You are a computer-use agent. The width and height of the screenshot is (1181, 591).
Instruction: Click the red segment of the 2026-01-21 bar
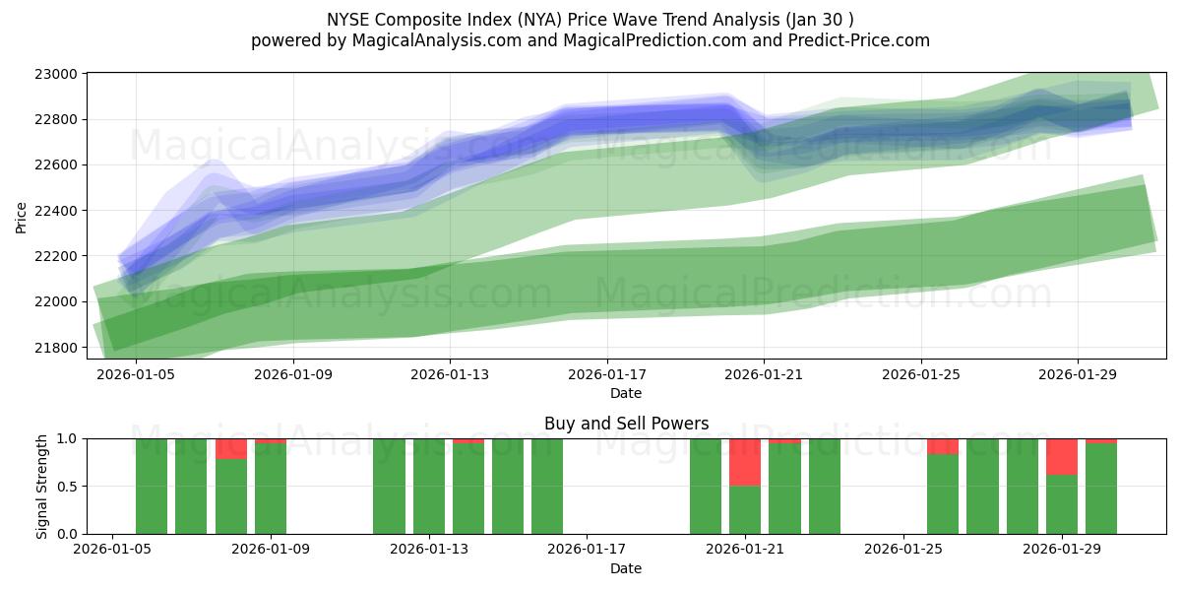click(x=745, y=462)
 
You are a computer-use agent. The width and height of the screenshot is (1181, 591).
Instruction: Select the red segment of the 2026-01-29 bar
click(x=1062, y=457)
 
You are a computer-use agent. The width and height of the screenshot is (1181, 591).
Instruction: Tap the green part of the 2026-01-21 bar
click(x=745, y=509)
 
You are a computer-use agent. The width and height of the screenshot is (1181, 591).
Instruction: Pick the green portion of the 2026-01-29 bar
click(x=1062, y=504)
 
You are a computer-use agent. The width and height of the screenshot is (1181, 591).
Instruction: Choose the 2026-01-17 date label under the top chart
click(x=607, y=375)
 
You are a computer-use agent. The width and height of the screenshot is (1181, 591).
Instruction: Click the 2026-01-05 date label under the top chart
click(x=136, y=375)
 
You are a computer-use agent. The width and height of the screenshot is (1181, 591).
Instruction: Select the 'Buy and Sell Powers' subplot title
click(x=626, y=424)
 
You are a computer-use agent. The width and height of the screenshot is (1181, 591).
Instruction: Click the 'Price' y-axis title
click(x=22, y=217)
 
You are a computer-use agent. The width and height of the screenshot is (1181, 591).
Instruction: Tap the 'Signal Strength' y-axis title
click(x=41, y=487)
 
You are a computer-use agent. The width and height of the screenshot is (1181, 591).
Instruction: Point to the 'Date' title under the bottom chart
click(x=626, y=568)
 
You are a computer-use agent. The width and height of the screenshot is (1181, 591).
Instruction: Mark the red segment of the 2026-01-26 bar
click(x=943, y=446)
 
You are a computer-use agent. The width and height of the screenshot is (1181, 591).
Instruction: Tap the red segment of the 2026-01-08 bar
click(x=231, y=449)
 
